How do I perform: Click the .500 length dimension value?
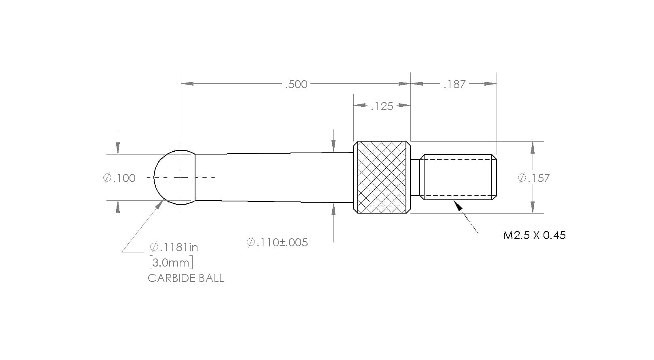[296, 84]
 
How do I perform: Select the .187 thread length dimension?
[454, 84]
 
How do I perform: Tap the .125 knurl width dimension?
[382, 106]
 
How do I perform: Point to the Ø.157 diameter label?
[534, 178]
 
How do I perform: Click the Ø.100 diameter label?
[119, 178]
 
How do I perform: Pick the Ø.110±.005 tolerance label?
[277, 242]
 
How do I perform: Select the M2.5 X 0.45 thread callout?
[534, 235]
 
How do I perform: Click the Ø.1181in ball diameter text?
[174, 248]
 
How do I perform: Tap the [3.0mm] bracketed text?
[171, 263]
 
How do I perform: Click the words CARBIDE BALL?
[186, 278]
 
